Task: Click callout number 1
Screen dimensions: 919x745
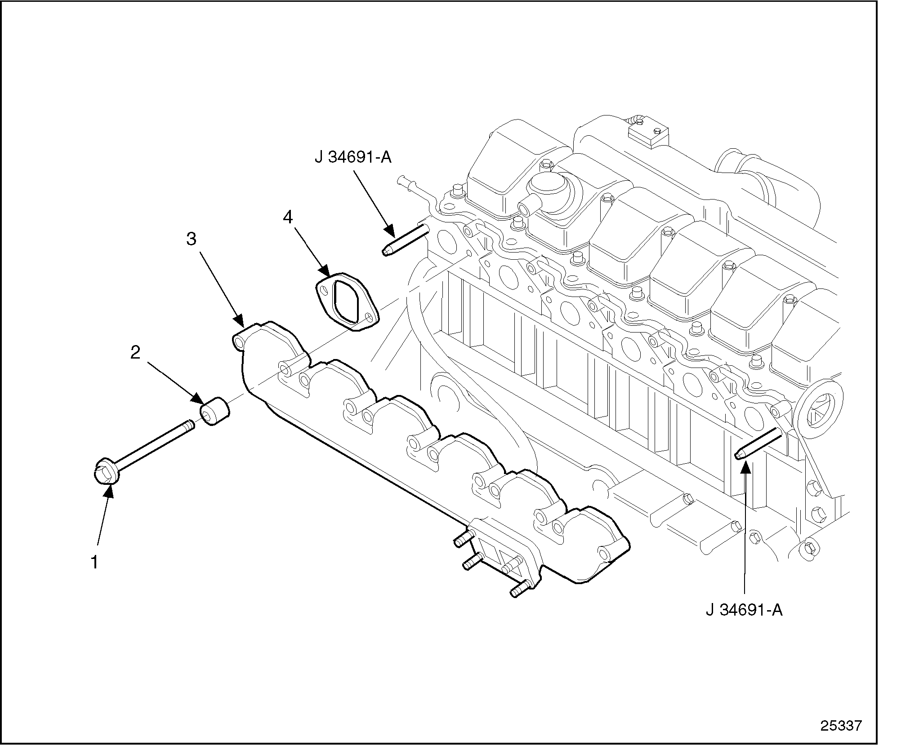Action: click(95, 562)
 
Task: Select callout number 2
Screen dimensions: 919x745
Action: click(135, 353)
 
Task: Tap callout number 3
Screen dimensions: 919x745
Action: click(192, 239)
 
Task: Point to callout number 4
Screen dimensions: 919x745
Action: click(288, 217)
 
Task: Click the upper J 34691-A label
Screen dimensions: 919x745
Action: click(353, 158)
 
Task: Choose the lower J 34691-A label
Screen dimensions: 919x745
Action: click(744, 610)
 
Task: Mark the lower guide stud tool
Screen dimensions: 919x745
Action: click(759, 444)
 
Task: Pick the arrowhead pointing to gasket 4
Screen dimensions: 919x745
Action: click(325, 270)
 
